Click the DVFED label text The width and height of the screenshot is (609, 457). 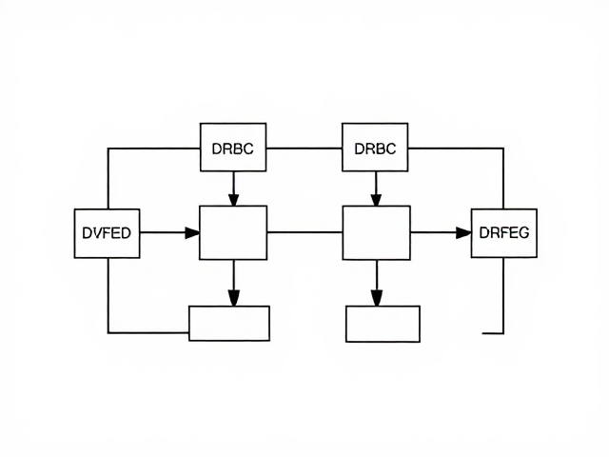pos(107,232)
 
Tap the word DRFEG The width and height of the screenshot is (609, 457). pos(504,232)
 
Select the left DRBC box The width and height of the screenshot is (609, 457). pos(233,148)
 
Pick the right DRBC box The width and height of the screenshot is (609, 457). pos(375,148)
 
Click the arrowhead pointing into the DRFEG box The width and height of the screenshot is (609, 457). pos(463,232)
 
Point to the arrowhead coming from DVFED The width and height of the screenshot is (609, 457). pos(192,232)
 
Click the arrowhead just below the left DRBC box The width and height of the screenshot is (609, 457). pos(233,199)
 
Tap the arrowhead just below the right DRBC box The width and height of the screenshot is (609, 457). pos(376,199)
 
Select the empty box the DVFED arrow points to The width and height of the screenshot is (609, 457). pos(233,232)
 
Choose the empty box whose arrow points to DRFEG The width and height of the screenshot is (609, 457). pos(377,232)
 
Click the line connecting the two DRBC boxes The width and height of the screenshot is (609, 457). pos(304,149)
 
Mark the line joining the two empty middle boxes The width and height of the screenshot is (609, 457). pos(304,232)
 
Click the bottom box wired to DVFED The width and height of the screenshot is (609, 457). pos(229,324)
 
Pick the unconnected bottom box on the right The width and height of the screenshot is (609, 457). pos(383,324)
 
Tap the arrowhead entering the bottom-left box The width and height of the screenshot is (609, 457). pos(234,298)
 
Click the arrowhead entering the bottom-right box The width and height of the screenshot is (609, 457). pos(377,298)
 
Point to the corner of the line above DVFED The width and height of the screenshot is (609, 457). pos(108,149)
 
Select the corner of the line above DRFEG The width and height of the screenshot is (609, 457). pos(503,149)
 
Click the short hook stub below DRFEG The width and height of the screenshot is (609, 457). pos(493,333)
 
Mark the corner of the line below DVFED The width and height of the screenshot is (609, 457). pos(108,332)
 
